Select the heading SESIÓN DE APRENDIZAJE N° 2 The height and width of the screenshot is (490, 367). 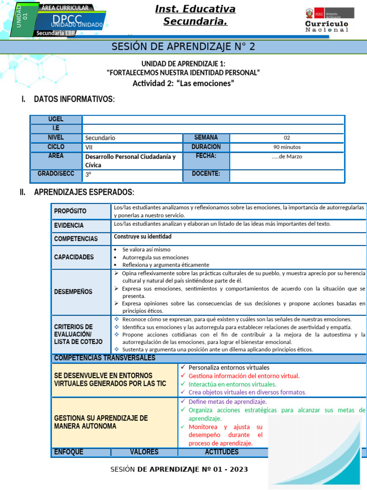[x=183, y=46]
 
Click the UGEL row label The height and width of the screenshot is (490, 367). [x=56, y=119]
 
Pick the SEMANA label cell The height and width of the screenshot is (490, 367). [x=206, y=137]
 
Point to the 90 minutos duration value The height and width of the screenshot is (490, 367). [x=287, y=147]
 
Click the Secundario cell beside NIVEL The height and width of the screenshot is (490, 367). [x=100, y=138]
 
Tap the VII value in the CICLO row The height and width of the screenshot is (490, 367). [x=89, y=147]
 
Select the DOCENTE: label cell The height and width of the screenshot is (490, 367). [x=206, y=174]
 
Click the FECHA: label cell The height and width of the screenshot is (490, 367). [x=206, y=156]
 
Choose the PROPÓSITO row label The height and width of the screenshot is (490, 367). [x=70, y=211]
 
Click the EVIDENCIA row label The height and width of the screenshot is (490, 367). [x=69, y=225]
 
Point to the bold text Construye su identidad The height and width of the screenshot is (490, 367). [x=142, y=236]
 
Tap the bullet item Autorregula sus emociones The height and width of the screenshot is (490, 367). [x=155, y=257]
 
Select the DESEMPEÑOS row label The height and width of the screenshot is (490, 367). [x=73, y=291]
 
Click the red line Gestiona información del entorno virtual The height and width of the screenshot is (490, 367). [x=244, y=376]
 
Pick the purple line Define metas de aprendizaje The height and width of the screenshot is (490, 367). [x=227, y=401]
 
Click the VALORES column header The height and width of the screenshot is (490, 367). [x=144, y=452]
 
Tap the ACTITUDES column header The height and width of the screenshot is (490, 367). [x=222, y=452]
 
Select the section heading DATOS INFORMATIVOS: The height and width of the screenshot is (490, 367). [x=74, y=100]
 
